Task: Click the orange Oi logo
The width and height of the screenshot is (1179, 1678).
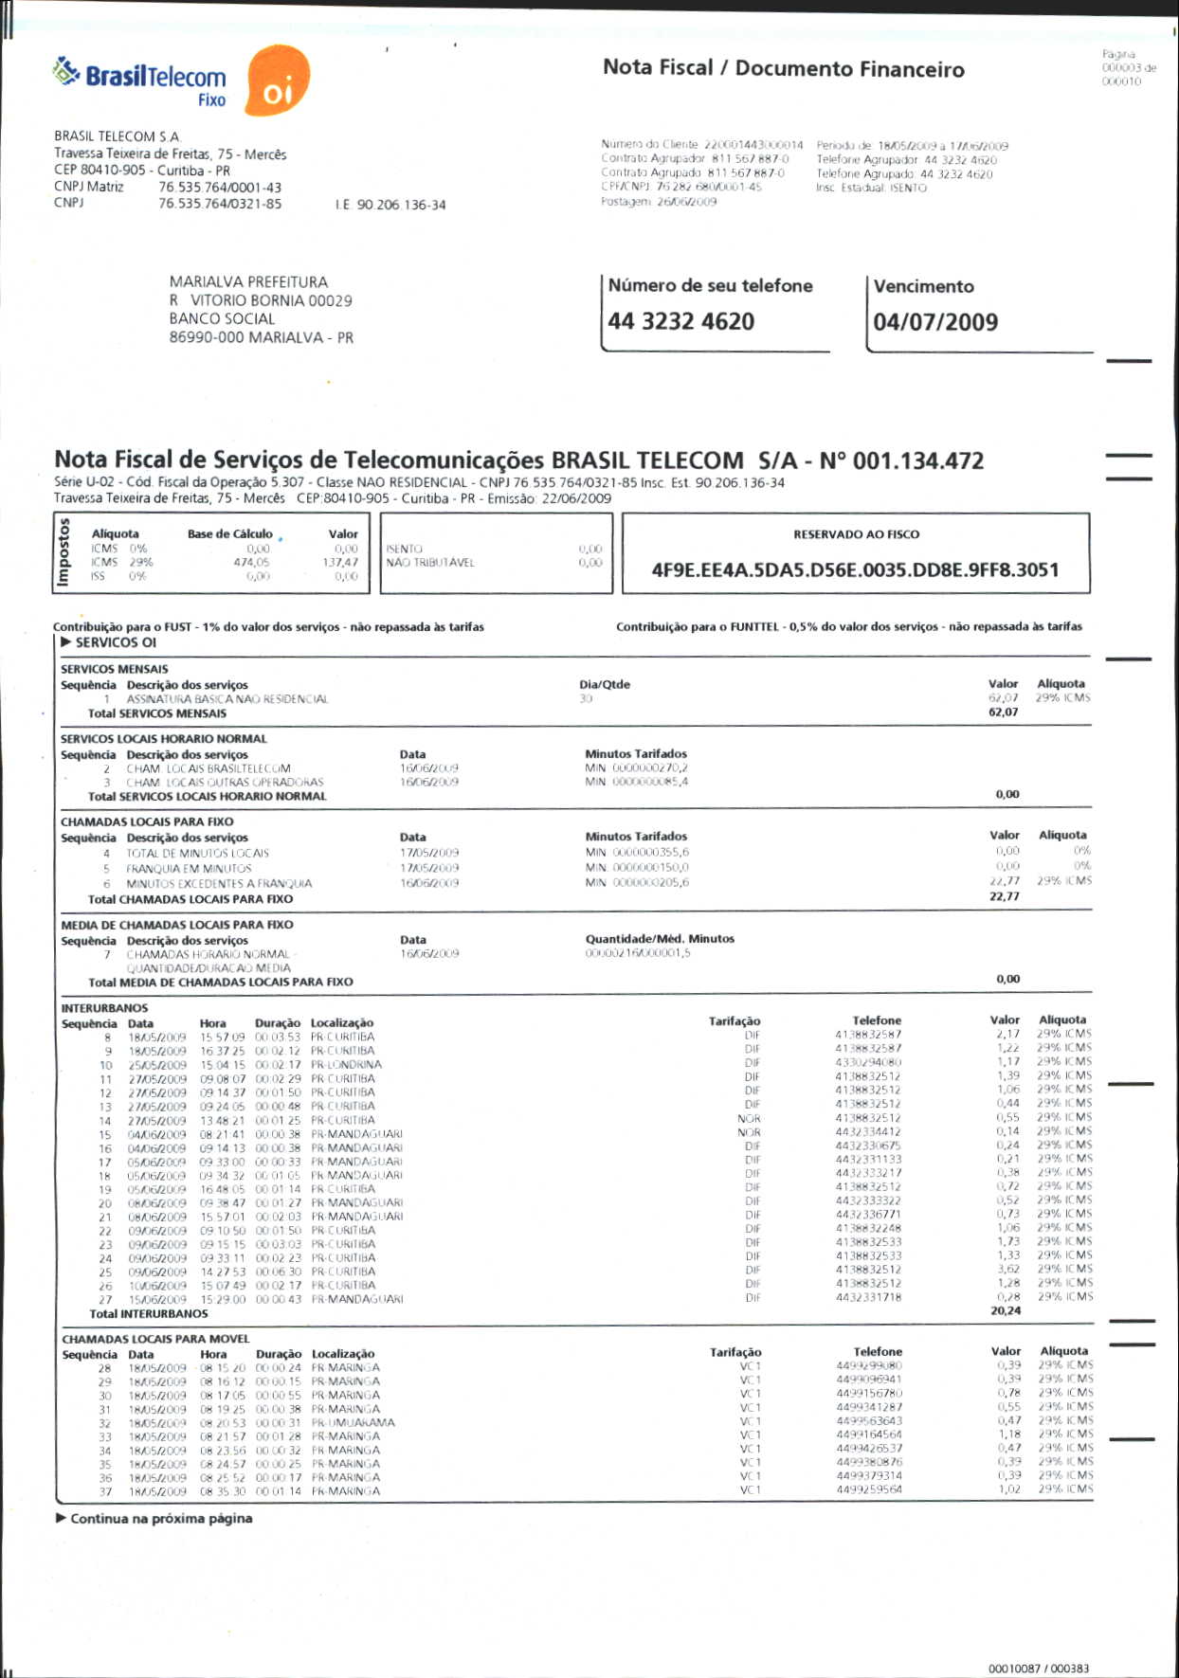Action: click(x=277, y=81)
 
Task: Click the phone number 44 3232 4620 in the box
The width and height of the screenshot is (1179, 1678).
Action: click(x=680, y=321)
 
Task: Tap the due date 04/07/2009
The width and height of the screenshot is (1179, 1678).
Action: click(x=935, y=322)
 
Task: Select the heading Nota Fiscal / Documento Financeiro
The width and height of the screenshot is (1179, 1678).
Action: click(x=783, y=68)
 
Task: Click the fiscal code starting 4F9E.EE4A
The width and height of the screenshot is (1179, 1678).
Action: click(x=855, y=570)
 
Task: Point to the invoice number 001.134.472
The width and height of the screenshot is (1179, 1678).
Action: click(x=917, y=461)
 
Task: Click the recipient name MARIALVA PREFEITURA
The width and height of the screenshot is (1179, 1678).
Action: click(x=248, y=282)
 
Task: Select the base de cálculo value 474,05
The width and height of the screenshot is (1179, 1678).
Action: click(x=251, y=563)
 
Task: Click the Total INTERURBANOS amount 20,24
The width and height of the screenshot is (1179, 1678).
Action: click(x=1005, y=1311)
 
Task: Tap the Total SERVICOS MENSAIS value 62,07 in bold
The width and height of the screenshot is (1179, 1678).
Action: click(x=1003, y=713)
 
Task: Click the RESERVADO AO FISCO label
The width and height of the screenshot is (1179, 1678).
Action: click(x=856, y=534)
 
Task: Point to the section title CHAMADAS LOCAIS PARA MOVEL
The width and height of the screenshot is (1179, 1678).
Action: click(x=155, y=1339)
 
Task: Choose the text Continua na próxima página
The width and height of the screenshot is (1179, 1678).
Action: click(x=161, y=1519)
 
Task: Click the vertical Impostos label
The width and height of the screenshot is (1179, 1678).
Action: click(x=64, y=553)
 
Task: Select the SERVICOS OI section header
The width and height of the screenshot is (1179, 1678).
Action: click(x=116, y=642)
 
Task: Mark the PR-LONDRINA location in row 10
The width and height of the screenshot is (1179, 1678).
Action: click(x=346, y=1065)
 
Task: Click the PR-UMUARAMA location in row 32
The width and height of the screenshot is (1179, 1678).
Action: click(x=353, y=1423)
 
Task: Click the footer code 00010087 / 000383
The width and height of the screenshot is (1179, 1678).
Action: click(x=1038, y=1669)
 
